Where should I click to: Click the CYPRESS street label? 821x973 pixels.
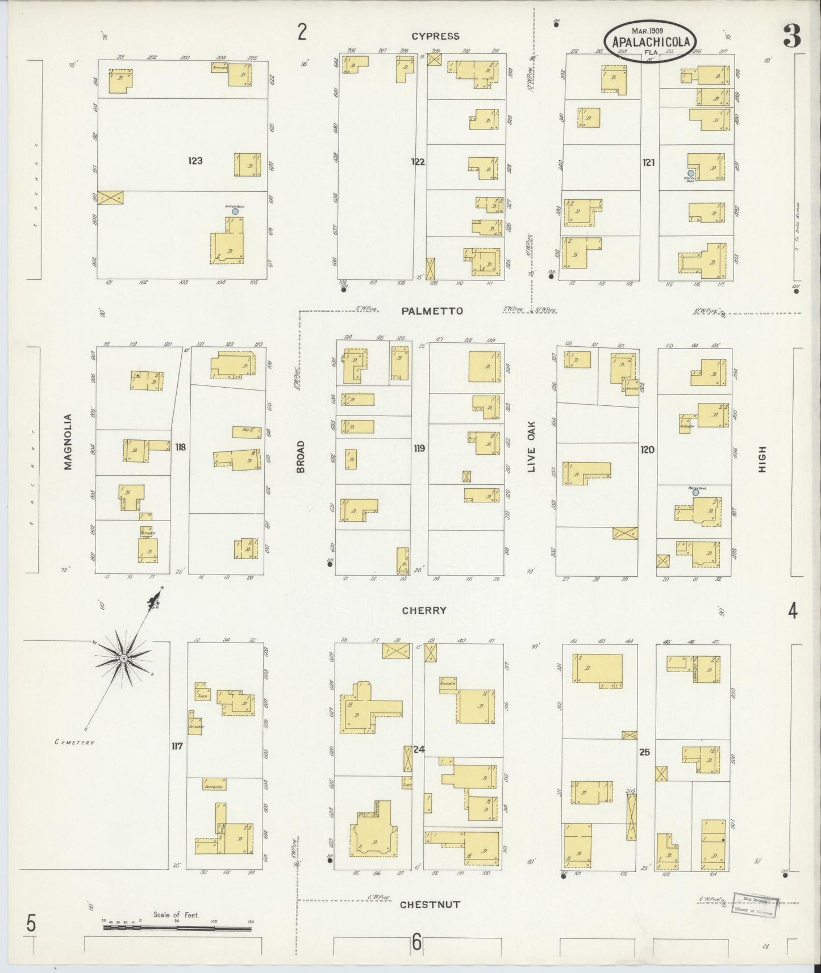[435, 36]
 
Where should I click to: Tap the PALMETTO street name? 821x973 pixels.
[432, 311]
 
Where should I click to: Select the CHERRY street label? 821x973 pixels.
[424, 611]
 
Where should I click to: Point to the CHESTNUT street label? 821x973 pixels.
[430, 904]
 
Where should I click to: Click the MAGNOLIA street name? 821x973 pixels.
[68, 442]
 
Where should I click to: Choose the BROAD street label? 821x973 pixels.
[301, 456]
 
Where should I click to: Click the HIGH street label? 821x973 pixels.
[762, 459]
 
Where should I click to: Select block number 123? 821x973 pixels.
[195, 161]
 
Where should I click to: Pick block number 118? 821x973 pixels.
[180, 447]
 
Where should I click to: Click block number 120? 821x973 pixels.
[647, 450]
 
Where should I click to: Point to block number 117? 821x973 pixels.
[177, 746]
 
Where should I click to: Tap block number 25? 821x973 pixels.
[644, 753]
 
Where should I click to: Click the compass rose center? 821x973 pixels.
[123, 659]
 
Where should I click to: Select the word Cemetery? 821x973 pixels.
[75, 742]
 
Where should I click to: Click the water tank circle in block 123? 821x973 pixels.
[235, 211]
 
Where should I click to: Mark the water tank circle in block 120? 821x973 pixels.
[695, 492]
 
